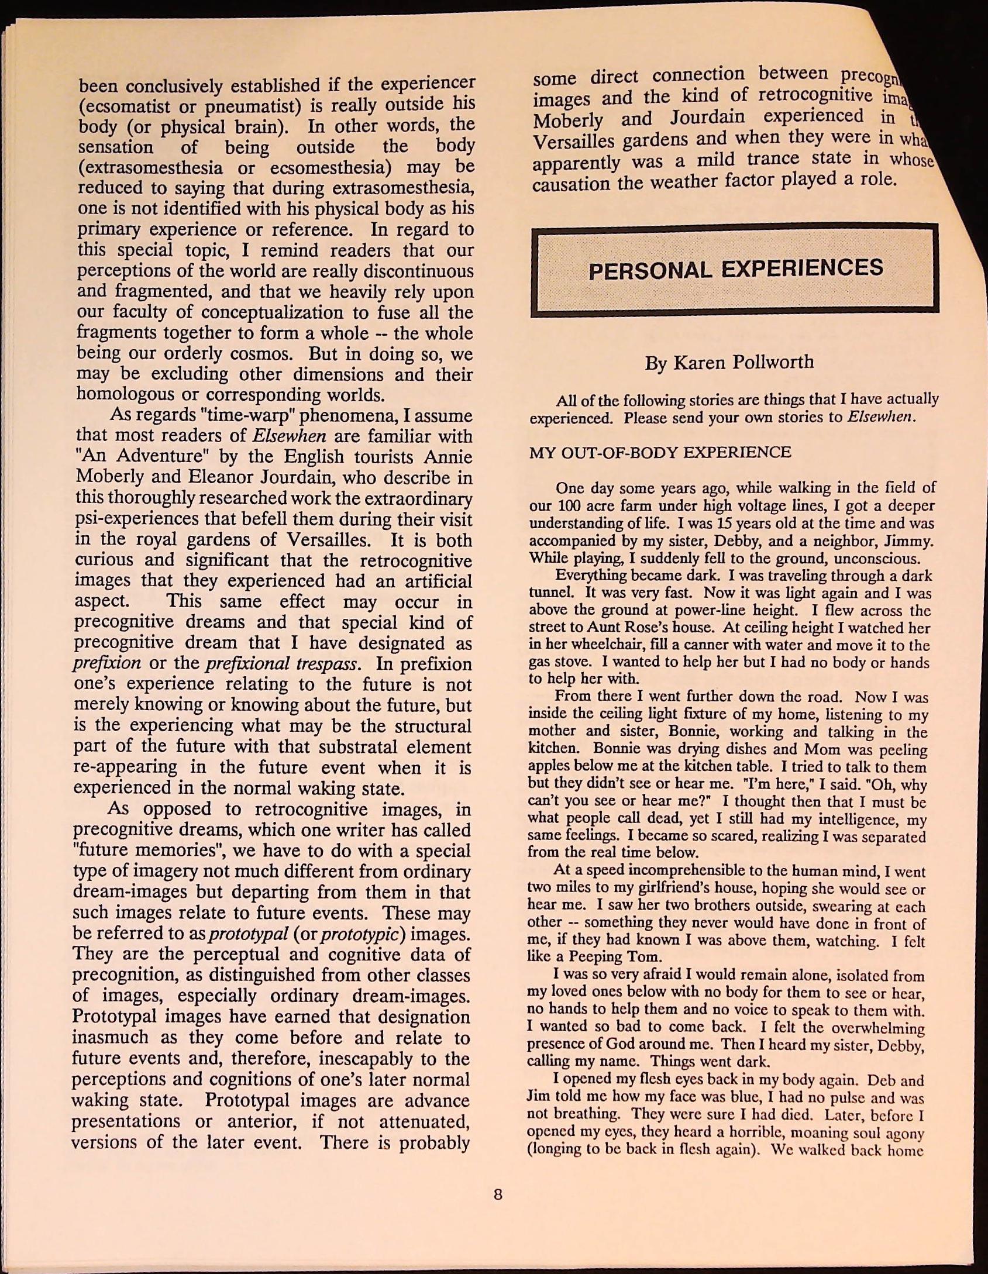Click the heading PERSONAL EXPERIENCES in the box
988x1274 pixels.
[x=735, y=269]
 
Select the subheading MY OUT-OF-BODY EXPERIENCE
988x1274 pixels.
[x=660, y=452]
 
